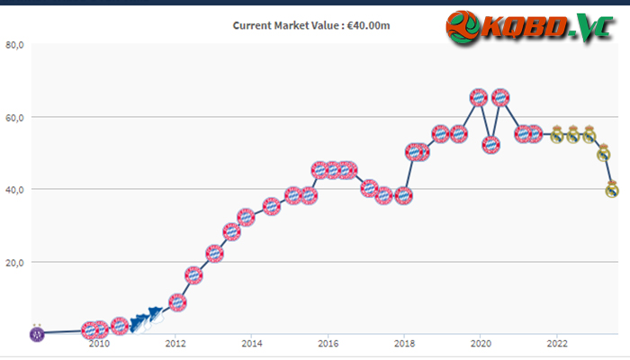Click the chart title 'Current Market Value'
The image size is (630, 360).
[x=285, y=25]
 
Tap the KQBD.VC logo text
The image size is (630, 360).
[x=547, y=28]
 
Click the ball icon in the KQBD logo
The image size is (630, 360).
[x=463, y=27]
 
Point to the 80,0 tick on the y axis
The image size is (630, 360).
[x=15, y=45]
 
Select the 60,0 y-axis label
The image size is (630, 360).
[x=15, y=118]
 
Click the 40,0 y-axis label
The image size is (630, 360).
[x=15, y=190]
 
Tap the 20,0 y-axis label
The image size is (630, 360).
[x=15, y=263]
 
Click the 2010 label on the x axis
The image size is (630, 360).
[x=99, y=344]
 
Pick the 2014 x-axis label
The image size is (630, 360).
[x=251, y=344]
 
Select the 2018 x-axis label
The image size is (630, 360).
[x=404, y=344]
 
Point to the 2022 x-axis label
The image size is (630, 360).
[x=557, y=344]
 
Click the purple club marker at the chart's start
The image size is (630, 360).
[x=37, y=333]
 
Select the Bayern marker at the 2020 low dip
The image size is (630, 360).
[x=490, y=145]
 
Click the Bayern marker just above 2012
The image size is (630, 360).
[x=177, y=302]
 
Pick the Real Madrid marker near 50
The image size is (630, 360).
[x=604, y=153]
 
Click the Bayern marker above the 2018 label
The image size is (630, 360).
[x=403, y=195]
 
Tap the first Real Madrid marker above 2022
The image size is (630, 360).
[x=556, y=135]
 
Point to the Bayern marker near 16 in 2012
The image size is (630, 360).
[x=193, y=275]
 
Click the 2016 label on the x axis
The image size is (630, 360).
[x=328, y=344]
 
